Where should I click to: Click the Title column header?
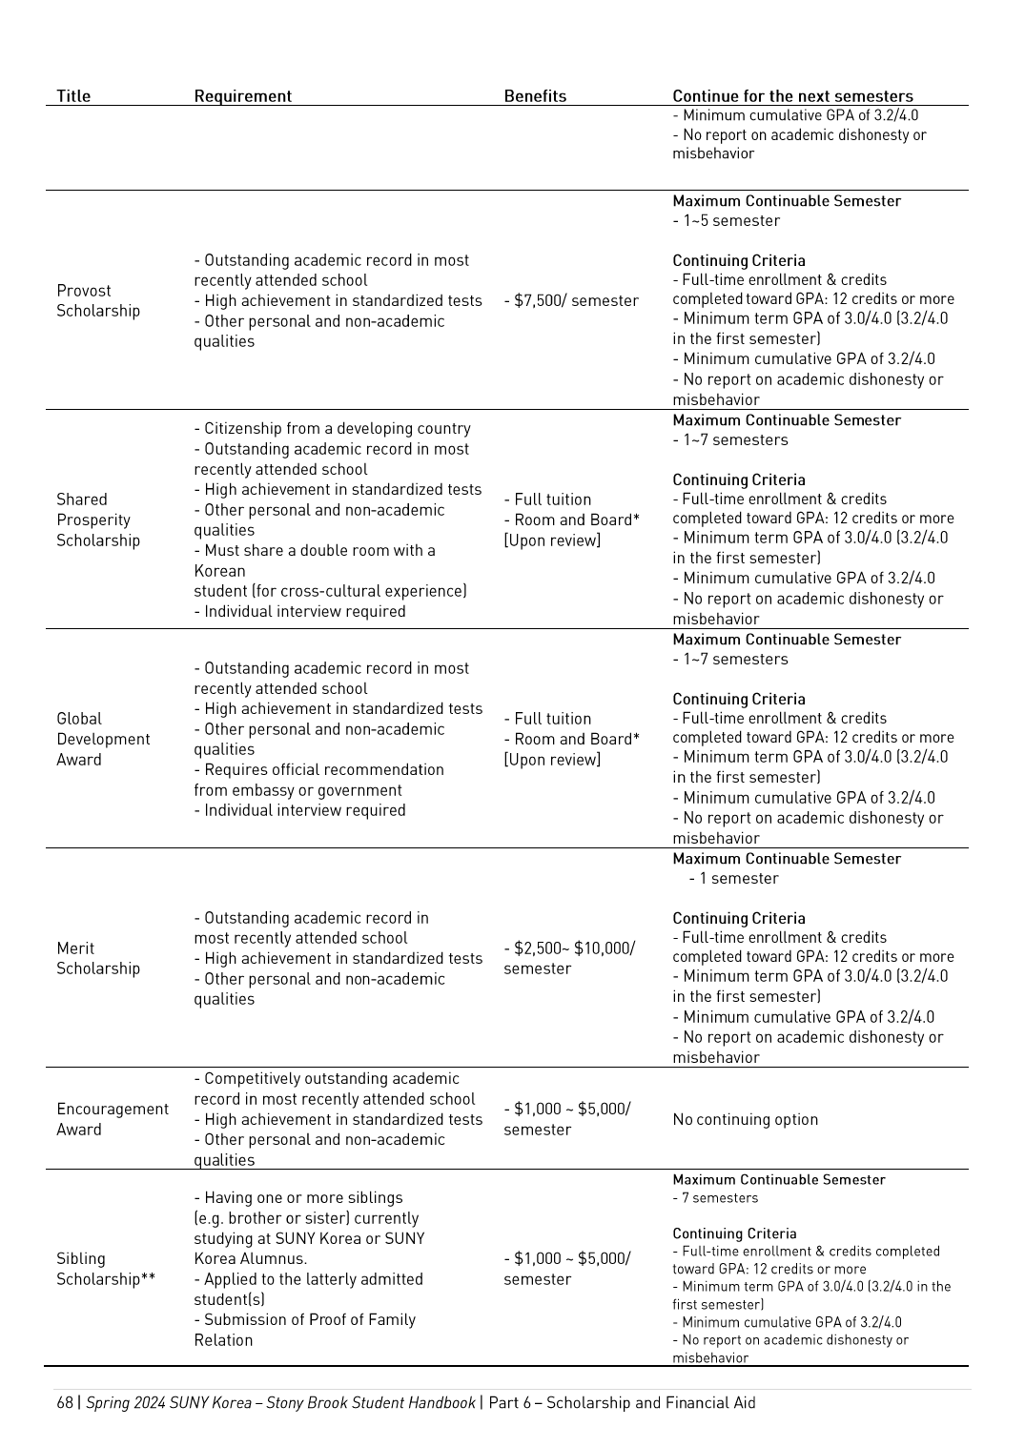tap(73, 96)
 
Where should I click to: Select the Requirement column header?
tap(242, 96)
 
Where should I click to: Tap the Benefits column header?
tap(535, 96)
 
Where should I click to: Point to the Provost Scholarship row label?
tap(97, 301)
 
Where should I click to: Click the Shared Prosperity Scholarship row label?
tap(97, 520)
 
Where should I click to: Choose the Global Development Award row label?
tap(103, 740)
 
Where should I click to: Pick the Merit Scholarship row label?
tap(97, 959)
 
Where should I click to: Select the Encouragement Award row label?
tap(112, 1120)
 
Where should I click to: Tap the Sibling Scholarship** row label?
tap(105, 1270)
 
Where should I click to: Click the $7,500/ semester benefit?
tap(571, 301)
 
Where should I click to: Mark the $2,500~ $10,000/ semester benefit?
tap(568, 959)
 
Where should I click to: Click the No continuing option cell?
tap(745, 1120)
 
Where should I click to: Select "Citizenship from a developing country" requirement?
tap(337, 429)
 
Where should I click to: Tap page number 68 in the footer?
tap(65, 1403)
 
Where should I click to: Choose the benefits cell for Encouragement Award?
tap(566, 1120)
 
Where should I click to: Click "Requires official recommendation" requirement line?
tap(323, 770)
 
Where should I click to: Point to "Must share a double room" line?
tap(318, 551)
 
